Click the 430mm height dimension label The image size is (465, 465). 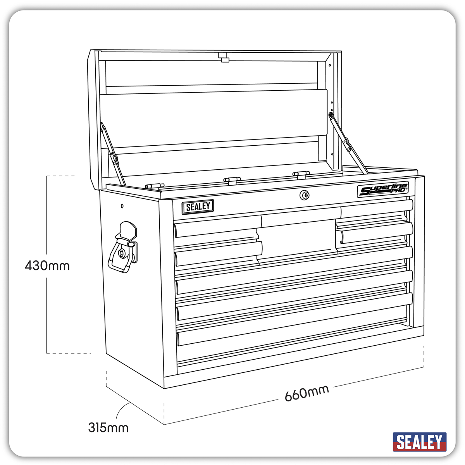click(47, 266)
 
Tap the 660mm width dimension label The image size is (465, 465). click(307, 393)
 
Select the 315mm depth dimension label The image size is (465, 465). click(108, 427)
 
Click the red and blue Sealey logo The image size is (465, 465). click(420, 442)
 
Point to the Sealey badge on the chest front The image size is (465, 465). click(198, 207)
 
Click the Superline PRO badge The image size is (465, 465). click(382, 191)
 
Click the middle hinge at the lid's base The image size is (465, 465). click(231, 179)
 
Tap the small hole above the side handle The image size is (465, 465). click(122, 206)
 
